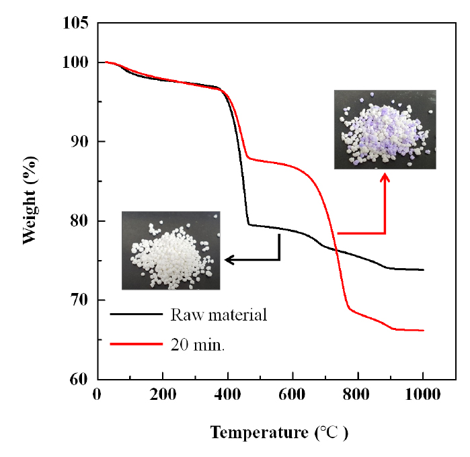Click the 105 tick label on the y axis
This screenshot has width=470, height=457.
[x=75, y=23]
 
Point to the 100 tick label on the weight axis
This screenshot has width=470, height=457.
[x=75, y=63]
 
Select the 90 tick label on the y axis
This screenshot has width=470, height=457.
[x=80, y=141]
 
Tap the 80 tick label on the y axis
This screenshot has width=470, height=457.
[x=80, y=221]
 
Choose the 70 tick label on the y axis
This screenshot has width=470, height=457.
[x=80, y=300]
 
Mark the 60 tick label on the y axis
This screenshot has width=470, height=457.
[x=80, y=379]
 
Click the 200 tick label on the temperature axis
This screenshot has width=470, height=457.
[x=163, y=394]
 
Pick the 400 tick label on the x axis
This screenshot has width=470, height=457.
[x=227, y=394]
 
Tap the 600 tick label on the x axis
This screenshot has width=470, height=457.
[x=292, y=394]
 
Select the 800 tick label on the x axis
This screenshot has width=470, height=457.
[x=356, y=394]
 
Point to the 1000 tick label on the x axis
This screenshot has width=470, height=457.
[x=423, y=394]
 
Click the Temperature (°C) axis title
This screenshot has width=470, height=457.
[x=279, y=433]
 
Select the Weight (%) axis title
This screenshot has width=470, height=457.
[x=30, y=200]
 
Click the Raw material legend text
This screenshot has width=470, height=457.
[x=219, y=315]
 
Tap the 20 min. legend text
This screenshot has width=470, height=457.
[x=198, y=345]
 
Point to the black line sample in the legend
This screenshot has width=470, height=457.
[x=136, y=314]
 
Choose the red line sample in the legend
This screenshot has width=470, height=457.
[x=136, y=343]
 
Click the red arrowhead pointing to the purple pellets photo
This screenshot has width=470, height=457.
[x=385, y=177]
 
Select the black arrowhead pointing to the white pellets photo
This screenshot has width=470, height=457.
[x=229, y=260]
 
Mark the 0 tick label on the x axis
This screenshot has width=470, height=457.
[x=97, y=394]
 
